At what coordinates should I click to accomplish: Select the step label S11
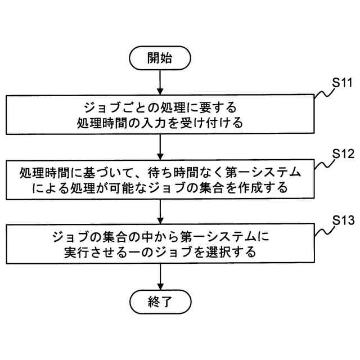pyautogui.click(x=341, y=82)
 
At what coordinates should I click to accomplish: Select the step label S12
pyautogui.click(x=341, y=153)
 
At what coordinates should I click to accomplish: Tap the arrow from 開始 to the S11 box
pyautogui.click(x=160, y=81)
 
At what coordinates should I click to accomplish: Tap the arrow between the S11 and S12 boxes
pyautogui.click(x=160, y=147)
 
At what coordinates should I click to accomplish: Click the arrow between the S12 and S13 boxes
pyautogui.click(x=160, y=213)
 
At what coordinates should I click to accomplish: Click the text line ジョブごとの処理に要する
pyautogui.click(x=160, y=107)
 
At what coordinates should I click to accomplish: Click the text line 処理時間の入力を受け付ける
pyautogui.click(x=160, y=123)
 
